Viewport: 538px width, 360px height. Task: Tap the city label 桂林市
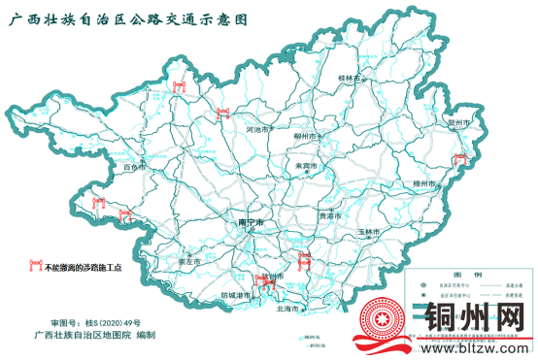click(350, 78)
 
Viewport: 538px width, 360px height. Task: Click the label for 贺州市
click(458, 123)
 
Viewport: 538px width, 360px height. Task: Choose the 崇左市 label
click(188, 261)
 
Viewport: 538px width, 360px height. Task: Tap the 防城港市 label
click(237, 294)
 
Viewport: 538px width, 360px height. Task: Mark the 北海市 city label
click(288, 309)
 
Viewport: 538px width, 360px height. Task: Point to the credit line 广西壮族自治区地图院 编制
click(94, 335)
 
